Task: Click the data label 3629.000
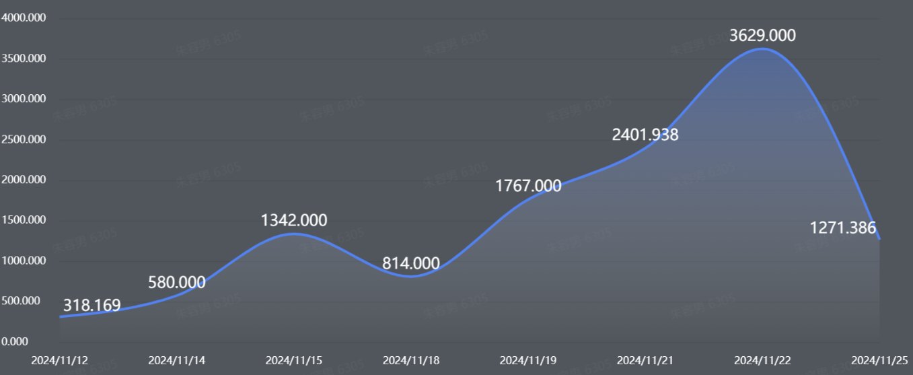(x=762, y=36)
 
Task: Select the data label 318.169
(x=92, y=306)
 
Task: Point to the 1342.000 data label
(x=294, y=220)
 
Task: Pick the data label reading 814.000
(x=411, y=263)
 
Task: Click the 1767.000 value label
(x=528, y=186)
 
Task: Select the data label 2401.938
(x=645, y=135)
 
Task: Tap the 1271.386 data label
(x=843, y=228)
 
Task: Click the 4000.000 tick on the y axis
(x=24, y=18)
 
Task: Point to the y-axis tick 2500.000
(x=24, y=139)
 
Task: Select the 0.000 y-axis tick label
(x=15, y=341)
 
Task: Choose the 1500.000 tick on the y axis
(x=24, y=220)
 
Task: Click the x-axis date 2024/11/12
(x=60, y=360)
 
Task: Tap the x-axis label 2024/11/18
(x=411, y=360)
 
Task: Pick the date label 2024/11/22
(x=762, y=360)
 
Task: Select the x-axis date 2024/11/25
(x=879, y=360)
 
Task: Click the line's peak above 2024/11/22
(x=762, y=48)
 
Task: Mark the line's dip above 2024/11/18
(x=411, y=276)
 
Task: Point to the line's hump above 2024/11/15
(x=294, y=234)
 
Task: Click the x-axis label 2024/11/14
(x=177, y=360)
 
